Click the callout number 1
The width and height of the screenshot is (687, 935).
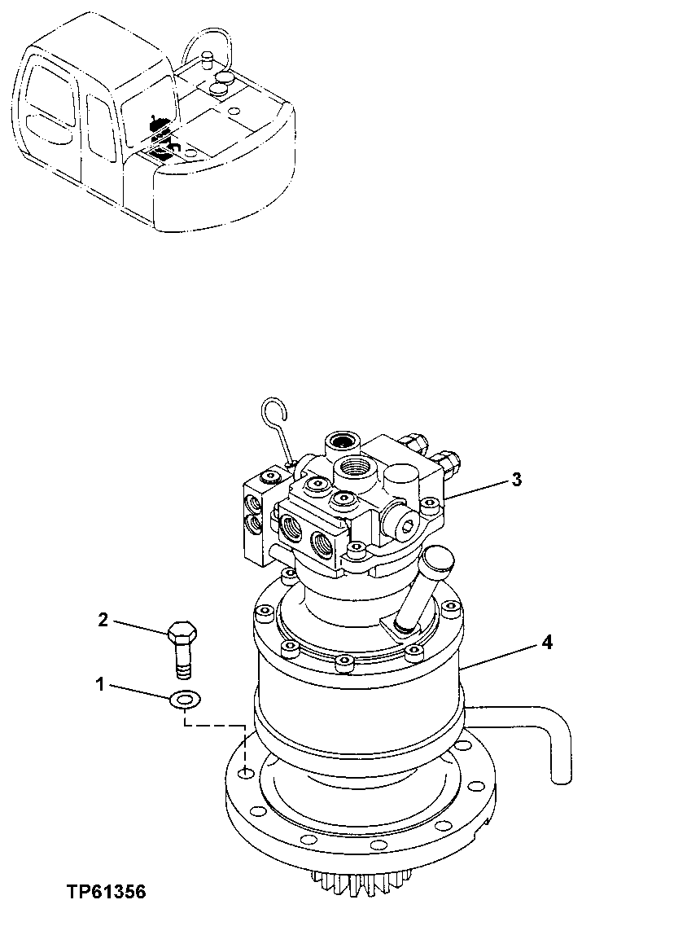click(x=101, y=685)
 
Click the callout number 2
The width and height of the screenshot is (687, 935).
click(x=103, y=620)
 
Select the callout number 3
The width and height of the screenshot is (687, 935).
click(x=516, y=479)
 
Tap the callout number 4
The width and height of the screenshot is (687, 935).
click(x=547, y=643)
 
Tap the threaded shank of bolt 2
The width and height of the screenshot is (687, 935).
click(x=183, y=661)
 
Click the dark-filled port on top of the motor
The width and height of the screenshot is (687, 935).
click(x=340, y=445)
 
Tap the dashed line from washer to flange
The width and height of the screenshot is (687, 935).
click(x=216, y=724)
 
